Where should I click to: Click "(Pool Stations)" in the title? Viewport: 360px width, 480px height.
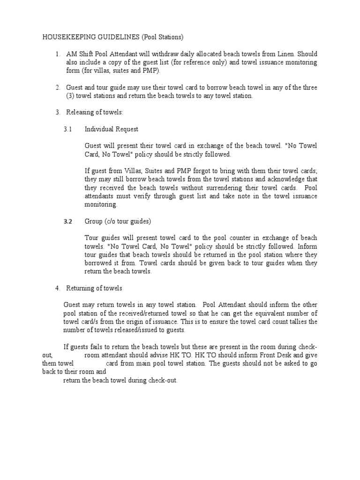(165, 37)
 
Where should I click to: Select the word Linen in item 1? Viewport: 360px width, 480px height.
(294, 54)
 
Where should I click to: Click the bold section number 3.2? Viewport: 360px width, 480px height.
(68, 222)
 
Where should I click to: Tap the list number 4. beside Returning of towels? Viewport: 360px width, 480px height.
(58, 288)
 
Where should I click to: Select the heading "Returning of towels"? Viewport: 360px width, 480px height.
(94, 288)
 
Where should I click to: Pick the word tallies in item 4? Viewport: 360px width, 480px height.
(298, 322)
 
